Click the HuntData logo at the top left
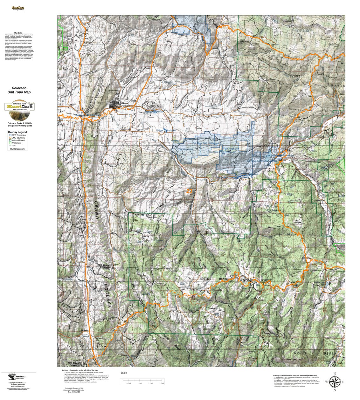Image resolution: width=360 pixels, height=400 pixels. click(x=18, y=8)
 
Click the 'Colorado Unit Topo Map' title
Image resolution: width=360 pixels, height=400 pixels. click(x=19, y=90)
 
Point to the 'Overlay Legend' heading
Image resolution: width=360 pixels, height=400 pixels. click(x=17, y=132)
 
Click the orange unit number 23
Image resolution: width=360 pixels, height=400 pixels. click(x=190, y=191)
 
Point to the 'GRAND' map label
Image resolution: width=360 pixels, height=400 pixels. click(x=96, y=210)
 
